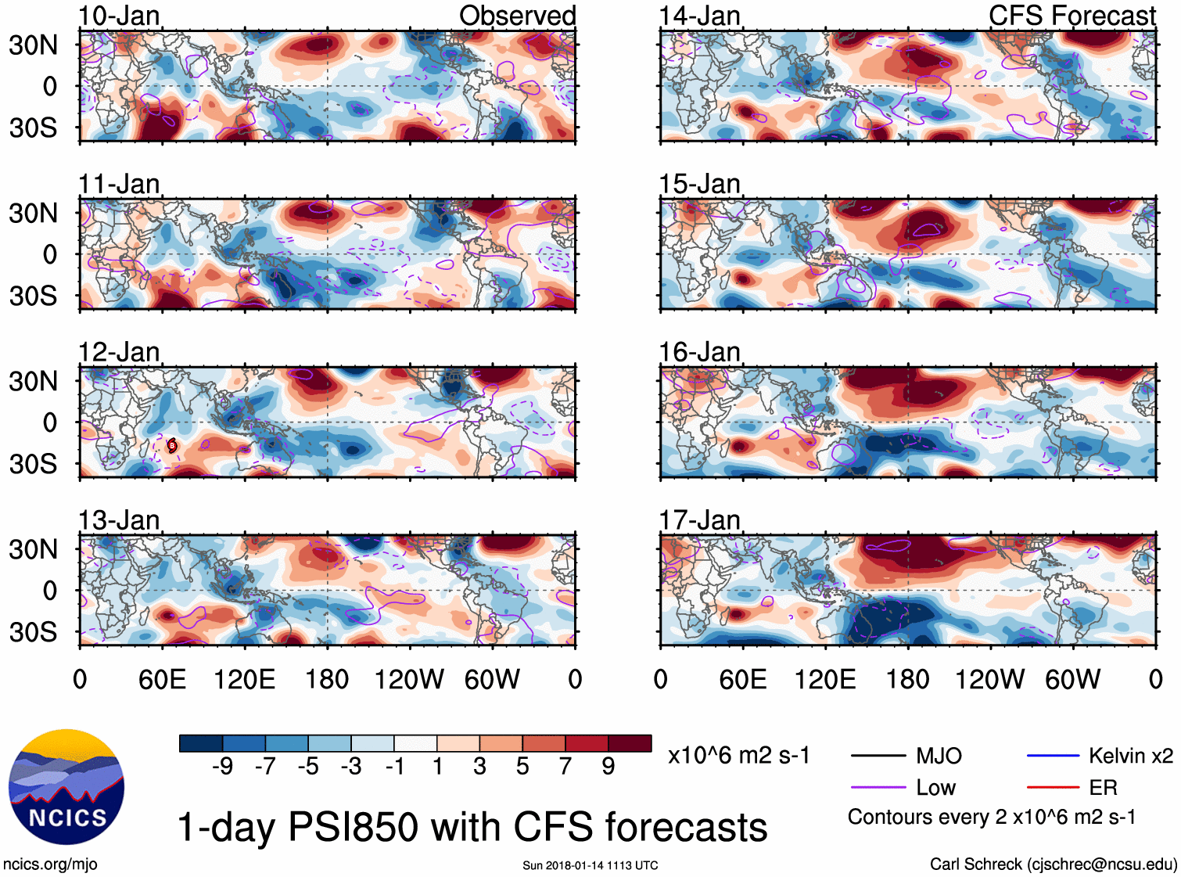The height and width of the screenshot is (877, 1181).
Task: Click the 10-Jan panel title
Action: [119, 16]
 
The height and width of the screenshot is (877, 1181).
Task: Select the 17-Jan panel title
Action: [699, 520]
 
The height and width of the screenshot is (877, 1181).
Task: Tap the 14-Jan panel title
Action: [699, 16]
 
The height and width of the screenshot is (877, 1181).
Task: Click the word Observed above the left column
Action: [517, 16]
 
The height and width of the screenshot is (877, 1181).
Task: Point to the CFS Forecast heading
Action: [1072, 16]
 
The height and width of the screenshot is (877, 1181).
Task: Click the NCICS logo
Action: [66, 786]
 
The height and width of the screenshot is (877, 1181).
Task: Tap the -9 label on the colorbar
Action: [222, 767]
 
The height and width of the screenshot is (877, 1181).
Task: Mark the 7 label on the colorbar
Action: [565, 767]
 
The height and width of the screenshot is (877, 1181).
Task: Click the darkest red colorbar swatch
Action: [630, 743]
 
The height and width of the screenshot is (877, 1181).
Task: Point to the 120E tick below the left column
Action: [244, 679]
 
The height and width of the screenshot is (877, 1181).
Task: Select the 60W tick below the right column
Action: [1072, 679]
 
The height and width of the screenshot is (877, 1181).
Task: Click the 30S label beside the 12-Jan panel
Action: [33, 464]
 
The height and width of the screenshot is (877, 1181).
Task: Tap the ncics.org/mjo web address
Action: [50, 864]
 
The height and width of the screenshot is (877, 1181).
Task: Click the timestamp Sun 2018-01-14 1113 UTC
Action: [590, 865]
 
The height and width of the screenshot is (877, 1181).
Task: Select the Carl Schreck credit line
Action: [1053, 864]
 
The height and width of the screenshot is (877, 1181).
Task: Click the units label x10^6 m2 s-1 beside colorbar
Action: [738, 756]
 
